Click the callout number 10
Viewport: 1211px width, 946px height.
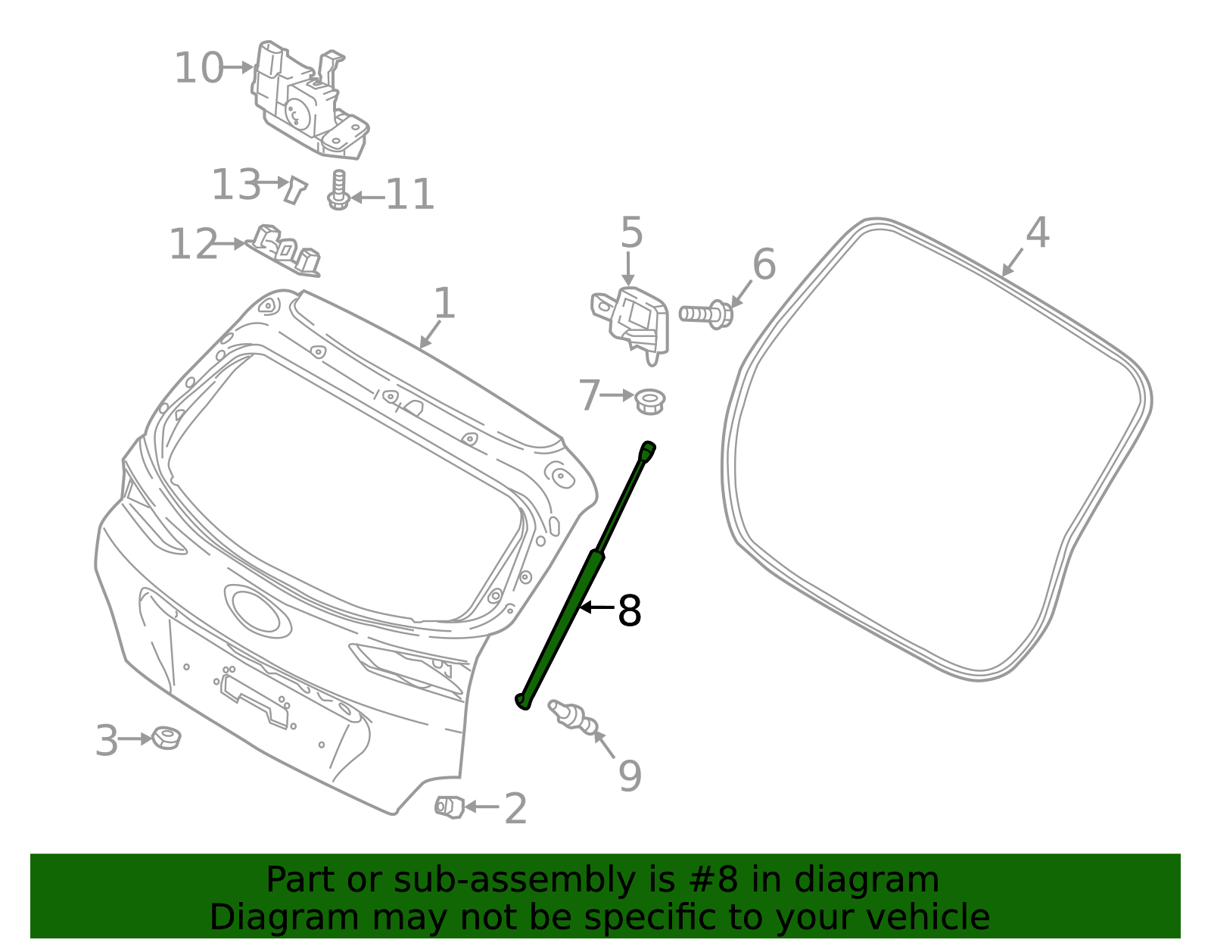click(198, 68)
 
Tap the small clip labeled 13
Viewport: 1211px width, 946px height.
click(295, 189)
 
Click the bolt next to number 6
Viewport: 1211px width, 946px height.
click(705, 314)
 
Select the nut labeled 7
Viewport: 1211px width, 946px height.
click(649, 401)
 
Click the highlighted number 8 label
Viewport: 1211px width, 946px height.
click(629, 610)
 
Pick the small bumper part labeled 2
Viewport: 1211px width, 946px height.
click(449, 807)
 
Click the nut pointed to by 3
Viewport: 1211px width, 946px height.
click(166, 737)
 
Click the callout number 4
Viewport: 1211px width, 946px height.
click(1037, 233)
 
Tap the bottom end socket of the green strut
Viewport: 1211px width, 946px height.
click(522, 701)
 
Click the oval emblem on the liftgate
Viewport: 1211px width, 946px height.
click(257, 610)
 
